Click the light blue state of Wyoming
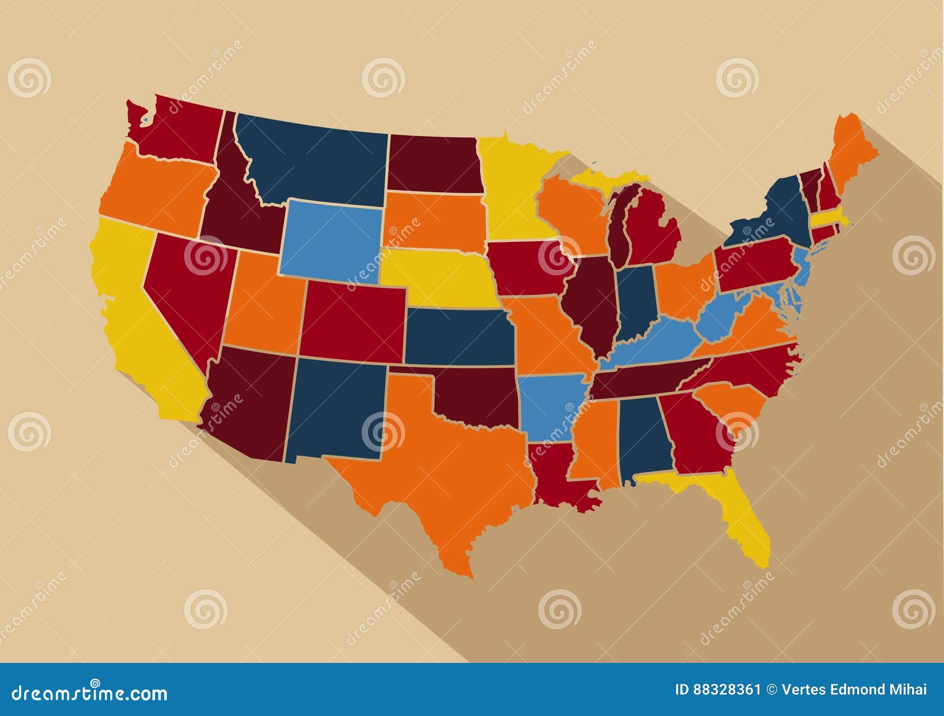(x=330, y=239)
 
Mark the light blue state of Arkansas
(x=549, y=407)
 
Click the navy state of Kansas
(x=457, y=336)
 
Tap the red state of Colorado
(x=353, y=321)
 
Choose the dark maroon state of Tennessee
(x=643, y=380)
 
